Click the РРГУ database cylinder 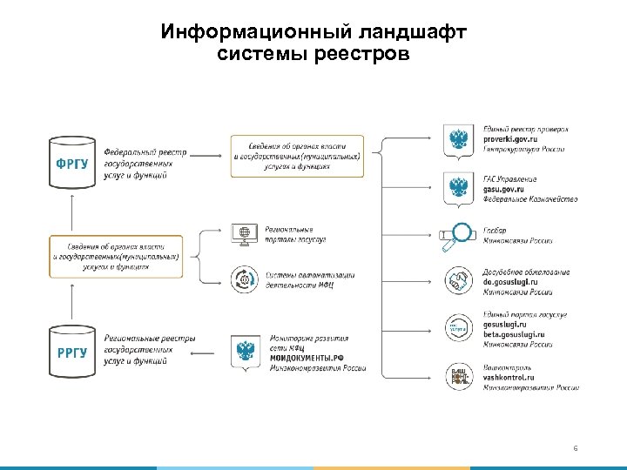point(72,350)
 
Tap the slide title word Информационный point(253,33)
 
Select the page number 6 point(576,449)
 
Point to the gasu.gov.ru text point(504,189)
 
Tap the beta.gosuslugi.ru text point(514,334)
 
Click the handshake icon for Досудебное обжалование point(458,281)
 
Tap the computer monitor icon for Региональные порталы point(242,234)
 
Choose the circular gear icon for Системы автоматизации point(242,279)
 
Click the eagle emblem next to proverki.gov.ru point(458,141)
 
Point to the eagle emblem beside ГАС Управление point(458,188)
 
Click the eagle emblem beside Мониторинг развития point(246,353)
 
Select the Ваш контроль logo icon point(458,377)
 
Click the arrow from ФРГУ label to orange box point(205,156)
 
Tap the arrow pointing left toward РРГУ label point(205,352)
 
